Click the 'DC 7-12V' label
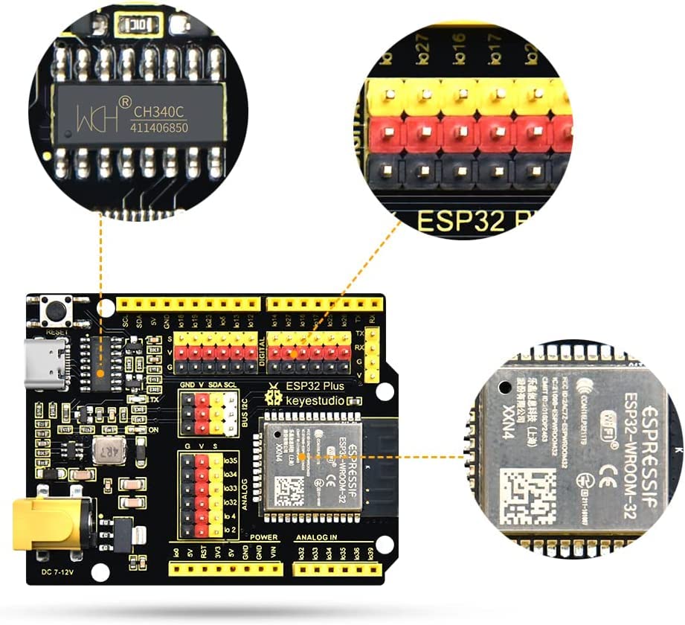pos(56,573)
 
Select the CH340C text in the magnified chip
pos(159,112)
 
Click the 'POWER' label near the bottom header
pos(263,537)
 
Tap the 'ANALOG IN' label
pos(318,537)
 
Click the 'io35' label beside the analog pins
pos(231,461)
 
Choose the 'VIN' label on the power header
pos(274,551)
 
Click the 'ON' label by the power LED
pos(154,429)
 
